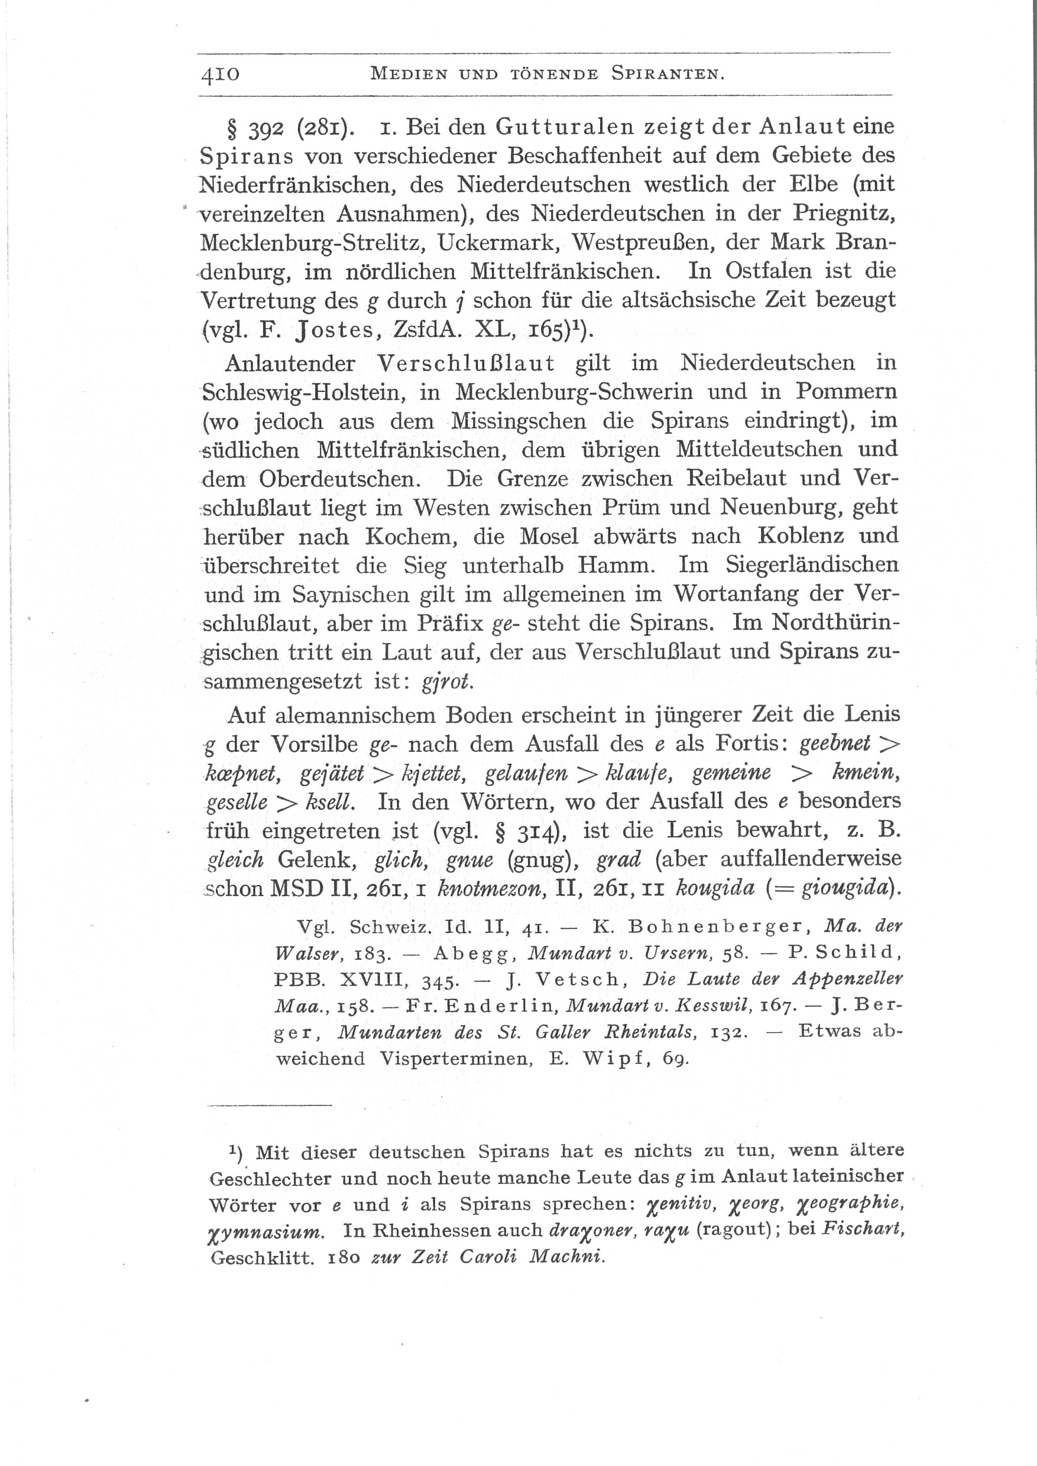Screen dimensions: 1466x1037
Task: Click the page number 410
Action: coord(221,74)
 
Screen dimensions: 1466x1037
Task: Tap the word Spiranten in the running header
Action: coord(667,74)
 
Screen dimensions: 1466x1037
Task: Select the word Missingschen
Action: coord(519,421)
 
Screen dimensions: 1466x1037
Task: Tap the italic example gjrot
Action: coord(448,682)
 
